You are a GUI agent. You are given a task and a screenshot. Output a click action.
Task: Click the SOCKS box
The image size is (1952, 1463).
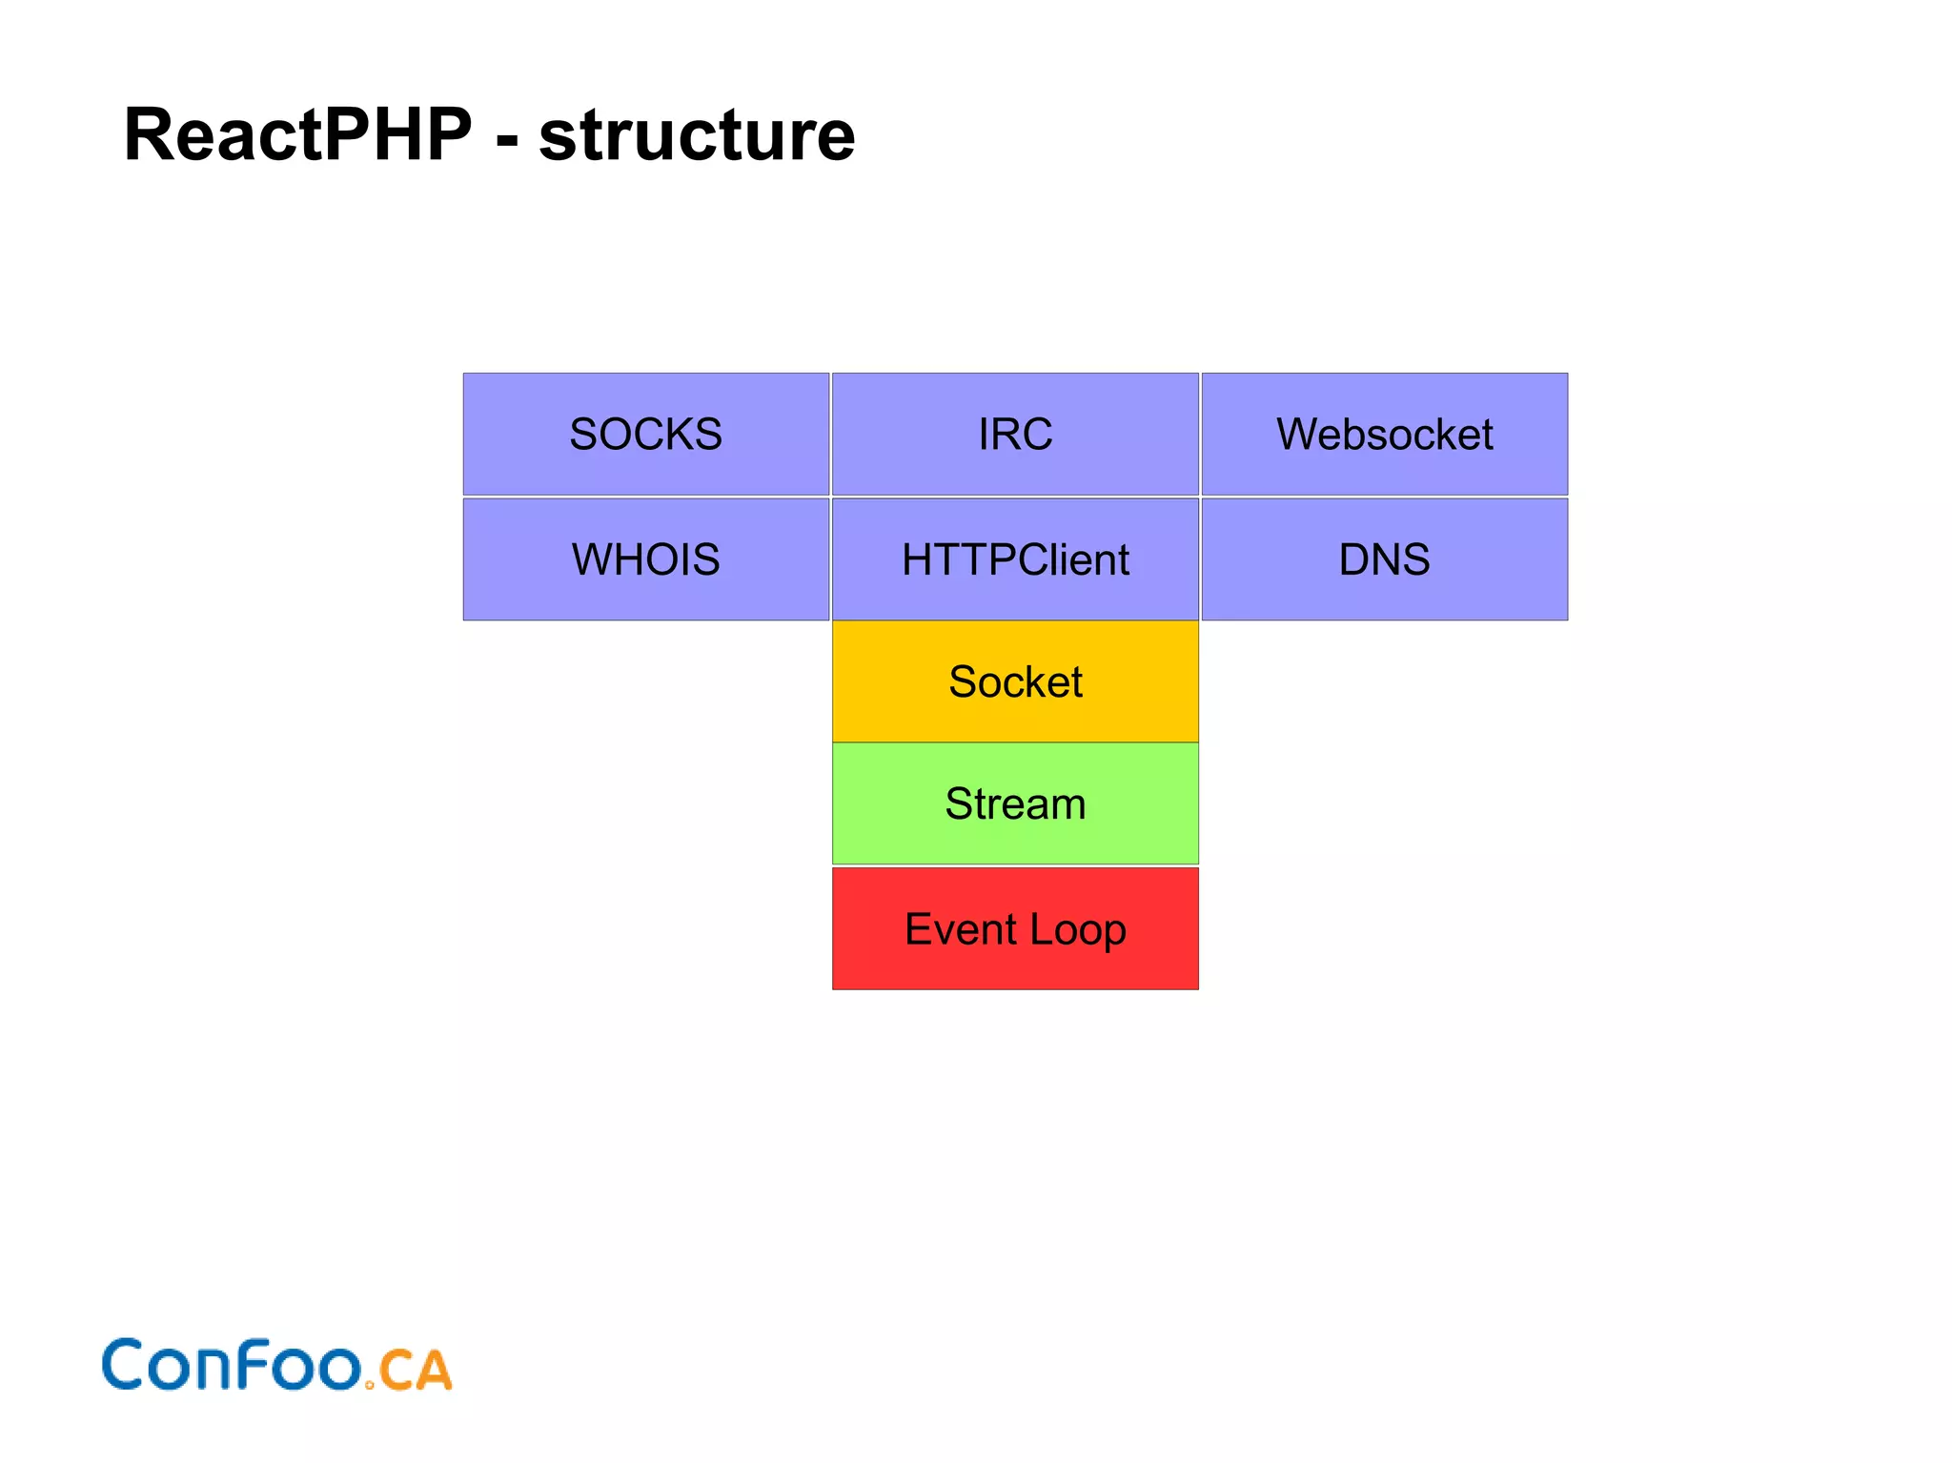click(645, 434)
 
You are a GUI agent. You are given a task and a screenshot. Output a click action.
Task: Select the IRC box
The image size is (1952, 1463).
click(1015, 434)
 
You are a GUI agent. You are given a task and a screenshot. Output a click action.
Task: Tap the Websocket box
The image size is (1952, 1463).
click(1384, 434)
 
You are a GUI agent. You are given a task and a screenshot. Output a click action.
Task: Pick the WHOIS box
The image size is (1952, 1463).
click(645, 559)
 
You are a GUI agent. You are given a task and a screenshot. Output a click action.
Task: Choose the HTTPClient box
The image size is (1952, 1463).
click(1015, 559)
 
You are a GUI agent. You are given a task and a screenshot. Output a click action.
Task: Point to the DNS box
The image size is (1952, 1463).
click(1384, 559)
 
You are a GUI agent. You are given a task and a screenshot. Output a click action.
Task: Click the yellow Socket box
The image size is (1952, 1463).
click(1015, 681)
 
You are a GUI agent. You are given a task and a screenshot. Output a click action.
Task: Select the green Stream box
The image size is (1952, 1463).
click(1015, 803)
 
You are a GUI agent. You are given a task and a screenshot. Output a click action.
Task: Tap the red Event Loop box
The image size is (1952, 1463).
click(1015, 928)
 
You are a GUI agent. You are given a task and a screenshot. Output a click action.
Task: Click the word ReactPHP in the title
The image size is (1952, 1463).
click(297, 135)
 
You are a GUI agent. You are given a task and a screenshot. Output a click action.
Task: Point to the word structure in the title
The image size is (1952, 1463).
click(697, 135)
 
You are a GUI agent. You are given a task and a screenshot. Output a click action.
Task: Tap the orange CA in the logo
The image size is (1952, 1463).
click(416, 1371)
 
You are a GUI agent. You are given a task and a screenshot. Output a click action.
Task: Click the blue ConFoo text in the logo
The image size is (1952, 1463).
click(232, 1365)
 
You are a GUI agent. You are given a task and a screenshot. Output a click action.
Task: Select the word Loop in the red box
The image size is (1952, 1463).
click(1078, 930)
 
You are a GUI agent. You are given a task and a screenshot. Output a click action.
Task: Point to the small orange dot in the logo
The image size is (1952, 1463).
click(370, 1384)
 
